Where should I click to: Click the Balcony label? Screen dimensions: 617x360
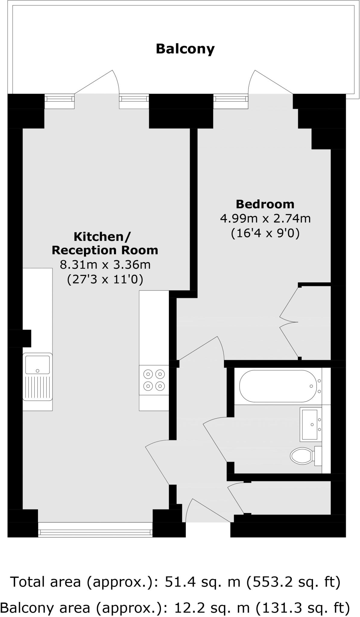[185, 49]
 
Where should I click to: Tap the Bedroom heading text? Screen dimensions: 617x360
[265, 204]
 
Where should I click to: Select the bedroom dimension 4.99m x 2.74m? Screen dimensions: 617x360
[265, 218]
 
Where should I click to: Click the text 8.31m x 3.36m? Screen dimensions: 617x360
[105, 265]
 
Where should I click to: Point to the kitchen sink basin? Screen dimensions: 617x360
[38, 365]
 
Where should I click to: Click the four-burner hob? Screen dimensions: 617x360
[154, 380]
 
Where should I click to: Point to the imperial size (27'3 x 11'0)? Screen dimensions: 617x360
[105, 279]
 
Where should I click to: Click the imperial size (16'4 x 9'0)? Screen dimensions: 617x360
[265, 233]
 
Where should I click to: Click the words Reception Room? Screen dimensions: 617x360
[105, 250]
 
